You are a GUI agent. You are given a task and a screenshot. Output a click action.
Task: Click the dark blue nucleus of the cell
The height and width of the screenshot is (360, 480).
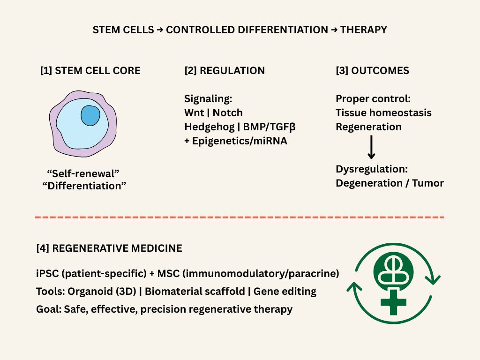(90, 115)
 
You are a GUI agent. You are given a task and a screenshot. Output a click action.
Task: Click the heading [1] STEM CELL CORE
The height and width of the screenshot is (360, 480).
(90, 71)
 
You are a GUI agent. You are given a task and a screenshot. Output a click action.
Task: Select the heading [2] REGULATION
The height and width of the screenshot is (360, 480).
(225, 71)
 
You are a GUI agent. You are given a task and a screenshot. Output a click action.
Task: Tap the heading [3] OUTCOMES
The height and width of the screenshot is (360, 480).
(372, 71)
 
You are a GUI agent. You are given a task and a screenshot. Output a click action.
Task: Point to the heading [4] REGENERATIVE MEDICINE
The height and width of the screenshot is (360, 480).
(109, 248)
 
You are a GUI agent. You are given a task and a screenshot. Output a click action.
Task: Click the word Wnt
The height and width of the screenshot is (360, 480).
(194, 113)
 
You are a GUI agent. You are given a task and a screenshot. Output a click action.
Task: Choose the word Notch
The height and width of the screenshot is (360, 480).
(228, 113)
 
